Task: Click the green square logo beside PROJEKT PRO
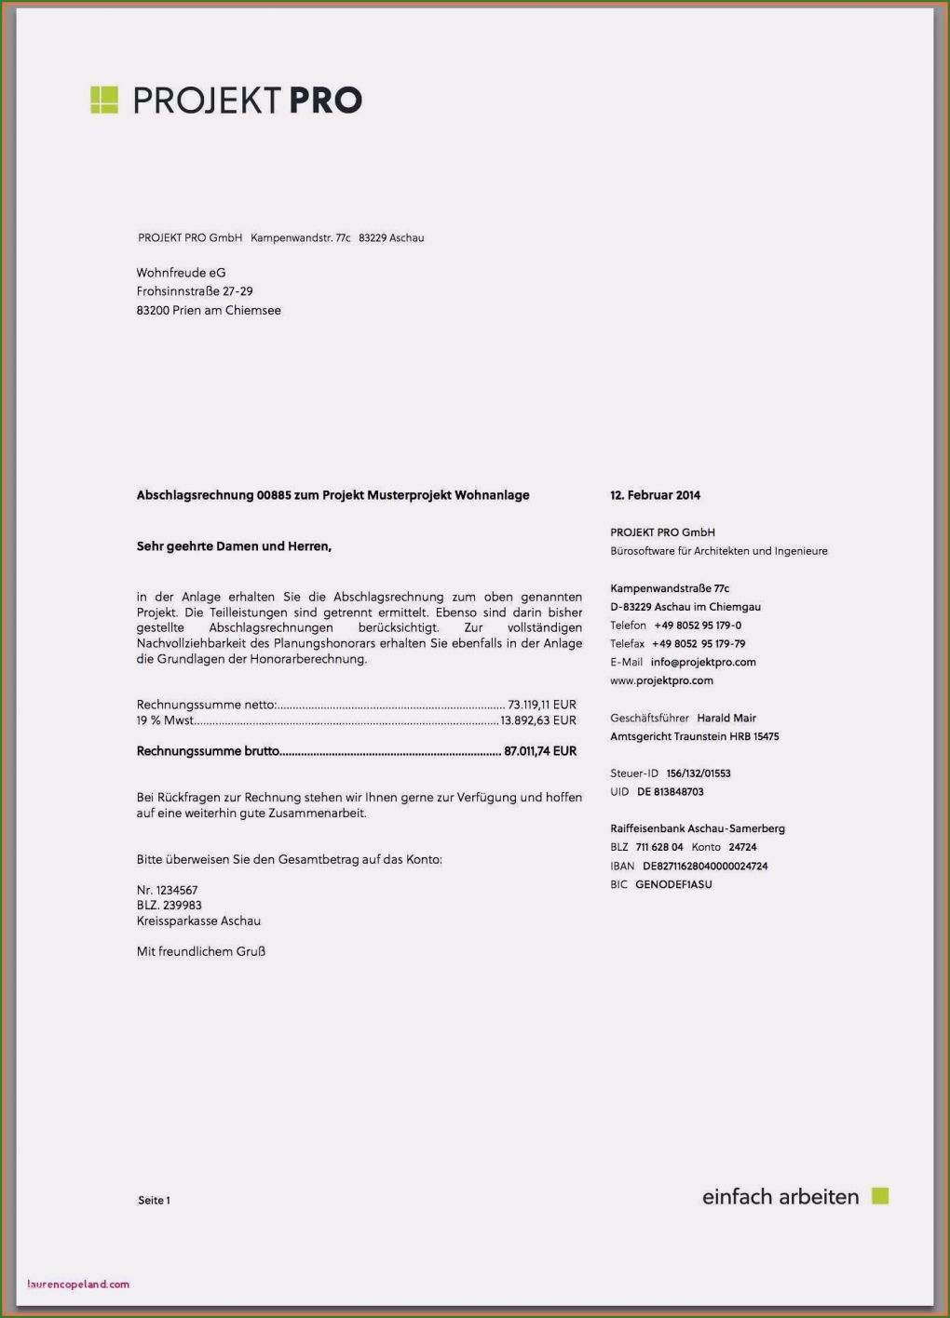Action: tap(103, 100)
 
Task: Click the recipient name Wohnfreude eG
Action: tap(181, 273)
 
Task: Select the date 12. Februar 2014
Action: tap(655, 495)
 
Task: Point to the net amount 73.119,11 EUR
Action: tap(541, 705)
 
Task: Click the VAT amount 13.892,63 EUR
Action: tap(538, 720)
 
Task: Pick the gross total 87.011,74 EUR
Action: tap(540, 751)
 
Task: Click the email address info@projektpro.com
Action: tap(703, 662)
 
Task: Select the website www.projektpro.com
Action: tap(661, 680)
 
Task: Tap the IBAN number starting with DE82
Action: tap(705, 866)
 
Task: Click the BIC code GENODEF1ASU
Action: tap(673, 884)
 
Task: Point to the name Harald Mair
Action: tap(726, 718)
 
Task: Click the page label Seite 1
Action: tap(154, 1201)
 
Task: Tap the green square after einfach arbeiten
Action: tap(880, 1196)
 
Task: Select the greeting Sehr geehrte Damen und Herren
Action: tap(234, 546)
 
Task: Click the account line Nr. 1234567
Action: tap(167, 890)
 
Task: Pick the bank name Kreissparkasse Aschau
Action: tap(198, 921)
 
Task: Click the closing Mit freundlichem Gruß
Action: tap(201, 951)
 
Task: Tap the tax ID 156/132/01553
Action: tap(699, 773)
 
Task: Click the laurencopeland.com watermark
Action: tap(79, 1284)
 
